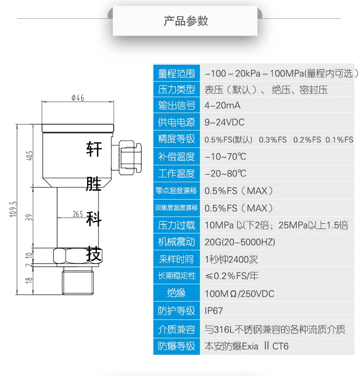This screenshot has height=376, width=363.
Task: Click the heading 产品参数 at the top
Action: point(185,21)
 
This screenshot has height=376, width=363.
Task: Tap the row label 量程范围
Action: point(176,73)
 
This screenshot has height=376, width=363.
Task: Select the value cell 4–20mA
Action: point(223,105)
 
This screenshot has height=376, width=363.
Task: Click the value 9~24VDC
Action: point(225,122)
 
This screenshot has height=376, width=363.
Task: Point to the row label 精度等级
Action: point(176,139)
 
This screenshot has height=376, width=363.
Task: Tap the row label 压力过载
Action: point(176,225)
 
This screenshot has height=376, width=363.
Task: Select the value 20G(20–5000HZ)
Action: point(240,242)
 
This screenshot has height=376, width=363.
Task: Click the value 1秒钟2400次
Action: point(231,259)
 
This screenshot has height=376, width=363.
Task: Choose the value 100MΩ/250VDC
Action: point(240,293)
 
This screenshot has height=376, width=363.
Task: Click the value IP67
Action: point(214,310)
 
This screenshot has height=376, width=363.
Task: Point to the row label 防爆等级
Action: point(176,346)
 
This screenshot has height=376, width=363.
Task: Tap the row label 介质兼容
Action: point(176,330)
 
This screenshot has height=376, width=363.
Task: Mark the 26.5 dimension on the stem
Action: point(79,214)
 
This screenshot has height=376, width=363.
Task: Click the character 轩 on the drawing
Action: point(94,149)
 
